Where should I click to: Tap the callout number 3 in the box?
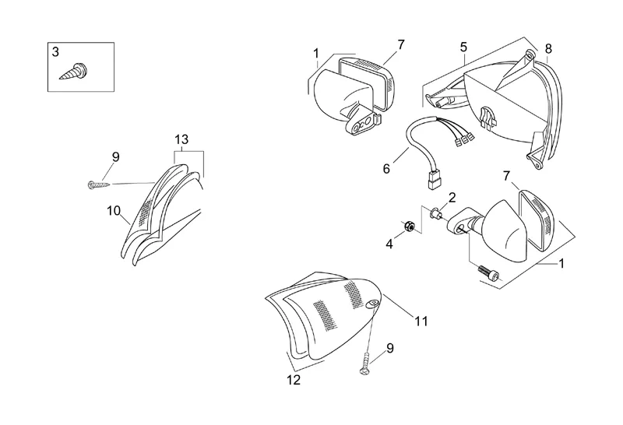point(55,52)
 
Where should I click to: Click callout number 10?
point(114,209)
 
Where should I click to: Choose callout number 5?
point(463,47)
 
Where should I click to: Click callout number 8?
point(548,48)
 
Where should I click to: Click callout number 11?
point(421,320)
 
